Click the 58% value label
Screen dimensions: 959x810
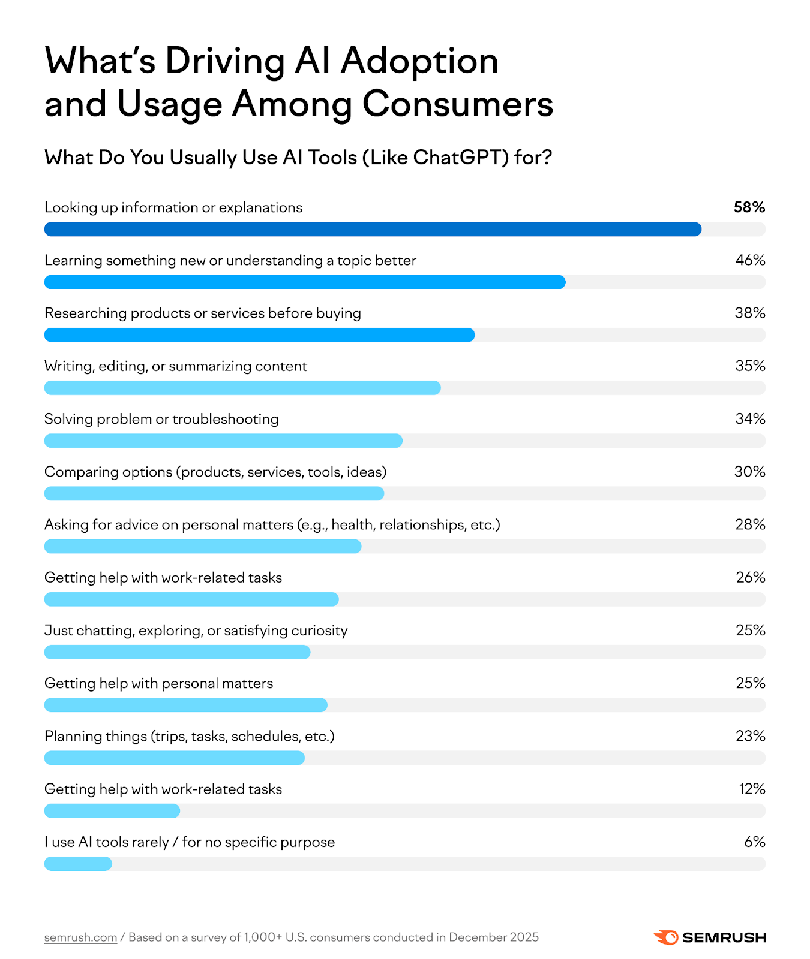tap(749, 207)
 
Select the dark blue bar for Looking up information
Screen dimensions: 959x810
tap(372, 229)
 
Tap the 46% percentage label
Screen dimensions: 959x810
tap(750, 260)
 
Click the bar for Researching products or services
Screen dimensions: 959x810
tap(259, 335)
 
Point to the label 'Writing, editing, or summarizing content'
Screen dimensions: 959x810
tap(176, 366)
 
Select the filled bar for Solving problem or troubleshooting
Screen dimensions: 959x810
tap(223, 441)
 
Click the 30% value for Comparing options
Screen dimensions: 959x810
tap(749, 472)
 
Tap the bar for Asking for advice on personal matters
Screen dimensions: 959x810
tap(203, 546)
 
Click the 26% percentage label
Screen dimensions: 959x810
tap(750, 577)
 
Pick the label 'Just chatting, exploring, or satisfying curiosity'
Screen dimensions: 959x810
tap(196, 631)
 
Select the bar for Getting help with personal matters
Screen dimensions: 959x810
tap(186, 705)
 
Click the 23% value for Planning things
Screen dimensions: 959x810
tap(750, 736)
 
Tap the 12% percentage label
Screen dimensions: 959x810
tap(752, 789)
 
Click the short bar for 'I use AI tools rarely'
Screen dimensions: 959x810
tap(78, 864)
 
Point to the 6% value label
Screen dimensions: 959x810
tap(754, 842)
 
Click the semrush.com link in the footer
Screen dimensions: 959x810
tap(80, 937)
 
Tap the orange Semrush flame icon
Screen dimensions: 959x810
tap(665, 937)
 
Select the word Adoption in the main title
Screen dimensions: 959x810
tap(419, 61)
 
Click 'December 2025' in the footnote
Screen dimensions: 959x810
tap(493, 937)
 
